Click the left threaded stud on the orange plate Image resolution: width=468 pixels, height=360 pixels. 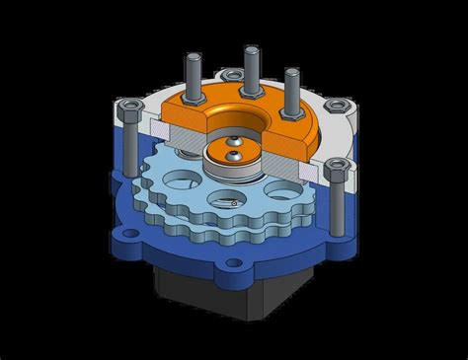click(x=190, y=75)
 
